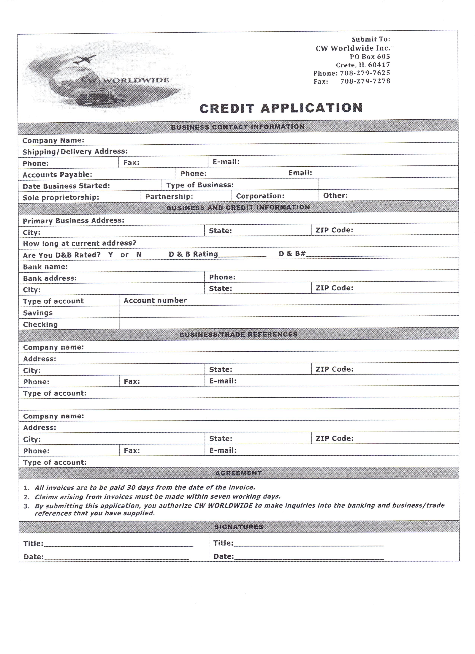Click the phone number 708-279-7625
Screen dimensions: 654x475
click(x=365, y=73)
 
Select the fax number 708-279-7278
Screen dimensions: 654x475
click(x=365, y=81)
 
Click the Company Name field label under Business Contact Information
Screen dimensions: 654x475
click(x=53, y=140)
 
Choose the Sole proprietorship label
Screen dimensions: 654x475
click(x=61, y=198)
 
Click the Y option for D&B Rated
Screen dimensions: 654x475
click(x=111, y=255)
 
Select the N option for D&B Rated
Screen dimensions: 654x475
click(x=139, y=255)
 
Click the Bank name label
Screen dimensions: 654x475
click(x=45, y=267)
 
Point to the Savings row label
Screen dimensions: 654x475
click(x=38, y=313)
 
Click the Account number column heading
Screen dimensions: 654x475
click(x=155, y=301)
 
